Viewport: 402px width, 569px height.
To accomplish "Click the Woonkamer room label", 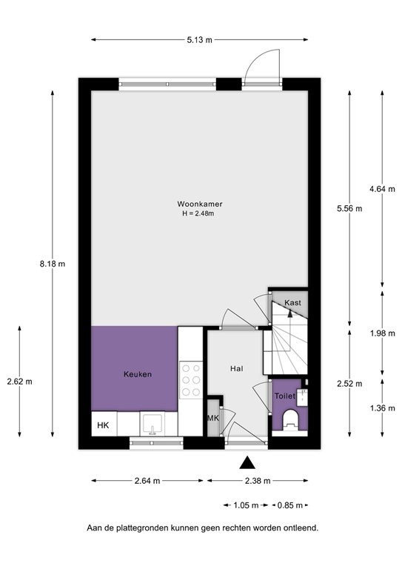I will tap(200, 204).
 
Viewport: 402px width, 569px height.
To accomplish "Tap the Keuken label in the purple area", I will tap(138, 375).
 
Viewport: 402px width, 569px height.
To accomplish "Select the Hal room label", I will tap(237, 368).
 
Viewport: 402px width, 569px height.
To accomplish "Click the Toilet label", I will tap(284, 396).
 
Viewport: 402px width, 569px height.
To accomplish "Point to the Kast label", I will tap(293, 303).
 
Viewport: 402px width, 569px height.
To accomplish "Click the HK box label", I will tap(103, 425).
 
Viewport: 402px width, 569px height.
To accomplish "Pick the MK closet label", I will tap(213, 419).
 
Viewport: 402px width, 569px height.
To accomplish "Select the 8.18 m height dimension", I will tap(54, 263).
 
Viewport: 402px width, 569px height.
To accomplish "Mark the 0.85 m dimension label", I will tap(288, 505).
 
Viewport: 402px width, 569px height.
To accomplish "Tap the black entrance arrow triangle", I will tap(247, 463).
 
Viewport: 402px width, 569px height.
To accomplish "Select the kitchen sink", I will tap(153, 423).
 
